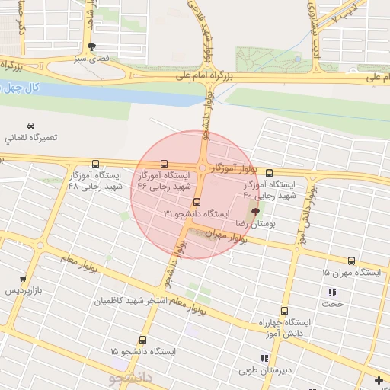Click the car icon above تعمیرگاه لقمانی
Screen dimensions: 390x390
tap(30, 125)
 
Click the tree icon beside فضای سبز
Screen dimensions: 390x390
tap(92, 46)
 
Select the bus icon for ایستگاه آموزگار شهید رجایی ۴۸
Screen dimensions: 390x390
tap(95, 164)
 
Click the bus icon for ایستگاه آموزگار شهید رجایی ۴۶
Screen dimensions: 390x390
tap(164, 164)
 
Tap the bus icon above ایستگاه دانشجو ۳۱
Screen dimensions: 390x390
tap(197, 203)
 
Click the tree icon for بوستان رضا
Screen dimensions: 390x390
tap(254, 213)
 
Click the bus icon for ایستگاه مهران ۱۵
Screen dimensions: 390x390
tap(351, 261)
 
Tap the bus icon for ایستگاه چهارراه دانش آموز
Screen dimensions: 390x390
tap(284, 312)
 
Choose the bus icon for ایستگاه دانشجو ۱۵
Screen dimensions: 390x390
tap(142, 340)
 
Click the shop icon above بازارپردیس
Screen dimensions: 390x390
tap(23, 279)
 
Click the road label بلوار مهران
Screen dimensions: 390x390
tap(229, 238)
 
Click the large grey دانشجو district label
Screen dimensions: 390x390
tap(131, 377)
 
